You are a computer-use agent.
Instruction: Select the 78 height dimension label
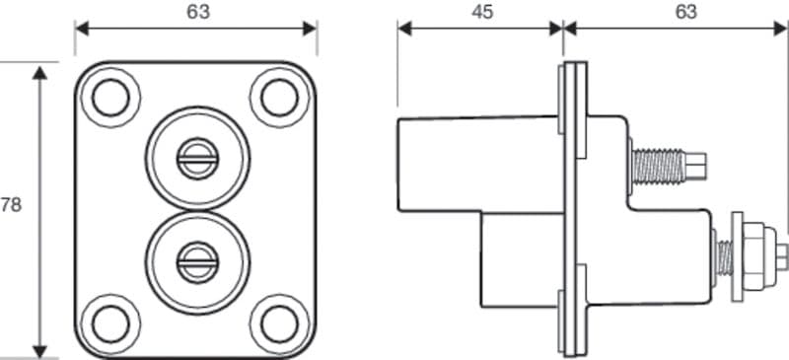click(x=11, y=205)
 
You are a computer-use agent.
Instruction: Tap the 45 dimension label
click(x=482, y=12)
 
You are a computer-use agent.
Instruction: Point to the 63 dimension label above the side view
click(x=685, y=12)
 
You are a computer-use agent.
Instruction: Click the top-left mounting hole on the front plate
click(x=109, y=97)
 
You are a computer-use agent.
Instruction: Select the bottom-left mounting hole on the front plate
click(x=109, y=322)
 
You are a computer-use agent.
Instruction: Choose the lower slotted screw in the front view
click(x=194, y=260)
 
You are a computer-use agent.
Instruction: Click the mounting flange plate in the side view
click(x=573, y=207)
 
